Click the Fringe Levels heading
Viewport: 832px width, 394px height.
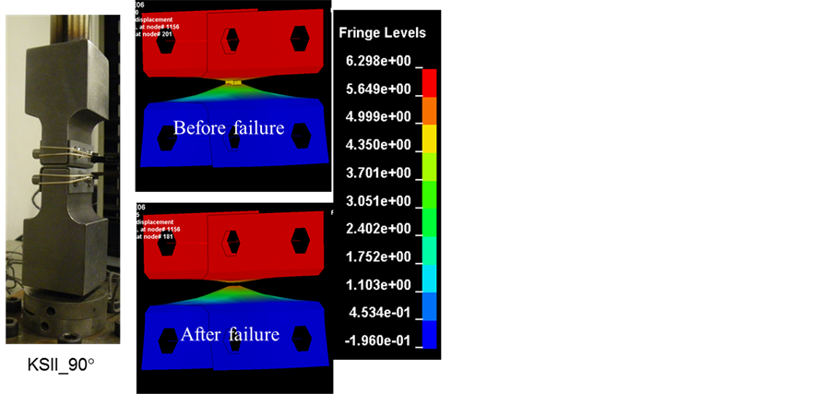tap(382, 33)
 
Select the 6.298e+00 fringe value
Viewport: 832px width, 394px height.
tap(378, 61)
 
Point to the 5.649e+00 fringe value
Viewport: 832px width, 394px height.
tap(378, 89)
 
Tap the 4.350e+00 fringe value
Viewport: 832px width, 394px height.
tap(378, 145)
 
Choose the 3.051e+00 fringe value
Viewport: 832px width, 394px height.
tap(378, 200)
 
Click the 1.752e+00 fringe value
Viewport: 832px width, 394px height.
tap(378, 257)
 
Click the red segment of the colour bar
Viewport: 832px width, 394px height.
tap(429, 83)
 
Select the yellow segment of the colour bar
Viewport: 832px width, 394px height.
tap(429, 138)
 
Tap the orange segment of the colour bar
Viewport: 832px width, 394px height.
tap(429, 111)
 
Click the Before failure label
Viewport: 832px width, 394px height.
tap(228, 128)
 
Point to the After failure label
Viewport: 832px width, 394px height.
tap(230, 334)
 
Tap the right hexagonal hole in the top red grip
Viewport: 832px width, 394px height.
tap(300, 38)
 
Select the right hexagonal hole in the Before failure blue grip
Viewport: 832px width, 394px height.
tap(302, 135)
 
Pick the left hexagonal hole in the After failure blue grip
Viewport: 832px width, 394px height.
tap(167, 341)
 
